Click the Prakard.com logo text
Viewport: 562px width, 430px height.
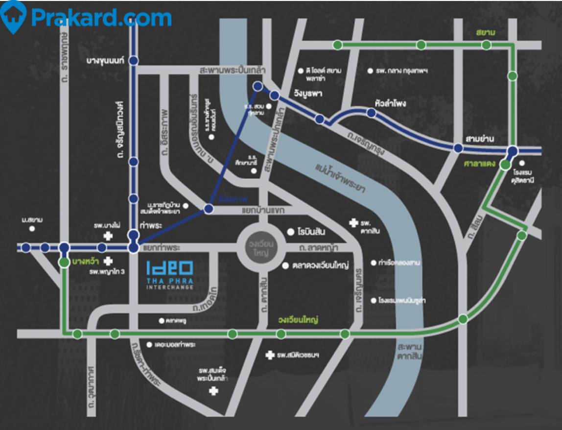coord(101,18)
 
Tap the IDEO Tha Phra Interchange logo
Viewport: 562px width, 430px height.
coord(170,274)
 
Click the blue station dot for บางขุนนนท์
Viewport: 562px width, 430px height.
coord(133,60)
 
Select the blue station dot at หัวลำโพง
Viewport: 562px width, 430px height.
coord(372,113)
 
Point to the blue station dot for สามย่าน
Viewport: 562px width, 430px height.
coord(458,148)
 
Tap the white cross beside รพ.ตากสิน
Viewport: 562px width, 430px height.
coord(352,223)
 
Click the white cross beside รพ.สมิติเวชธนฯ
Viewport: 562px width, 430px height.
coord(269,355)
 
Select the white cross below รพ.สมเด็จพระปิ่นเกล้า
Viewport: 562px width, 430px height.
coord(213,391)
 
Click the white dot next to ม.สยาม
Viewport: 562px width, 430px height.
coord(32,228)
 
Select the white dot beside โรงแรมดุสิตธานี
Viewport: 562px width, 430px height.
coord(522,164)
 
